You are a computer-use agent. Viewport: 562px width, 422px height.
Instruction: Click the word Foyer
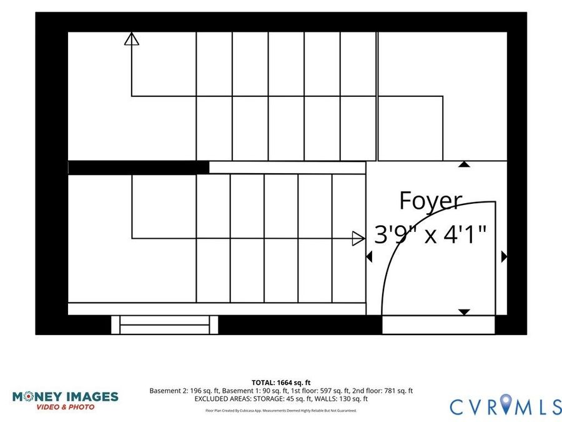(430, 201)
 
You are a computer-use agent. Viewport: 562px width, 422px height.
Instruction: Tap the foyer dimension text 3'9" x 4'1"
(430, 234)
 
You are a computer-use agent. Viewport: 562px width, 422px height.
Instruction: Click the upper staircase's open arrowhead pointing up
(132, 39)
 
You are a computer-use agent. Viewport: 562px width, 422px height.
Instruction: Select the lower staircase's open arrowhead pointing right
(358, 239)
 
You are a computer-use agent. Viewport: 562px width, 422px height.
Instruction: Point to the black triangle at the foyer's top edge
(464, 164)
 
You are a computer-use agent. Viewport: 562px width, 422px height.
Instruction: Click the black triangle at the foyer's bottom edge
(464, 312)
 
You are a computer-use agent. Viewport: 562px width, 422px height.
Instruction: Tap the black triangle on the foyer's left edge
(369, 256)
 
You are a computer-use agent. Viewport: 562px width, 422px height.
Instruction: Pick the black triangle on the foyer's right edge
(505, 256)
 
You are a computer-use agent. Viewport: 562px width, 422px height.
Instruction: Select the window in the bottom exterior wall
(164, 324)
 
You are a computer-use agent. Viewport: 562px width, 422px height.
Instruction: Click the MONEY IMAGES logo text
(65, 396)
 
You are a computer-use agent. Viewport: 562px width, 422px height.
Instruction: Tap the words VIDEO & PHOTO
(65, 407)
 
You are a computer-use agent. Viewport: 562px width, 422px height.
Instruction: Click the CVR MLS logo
(506, 405)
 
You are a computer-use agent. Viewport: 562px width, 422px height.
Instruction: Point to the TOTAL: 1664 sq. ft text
(281, 383)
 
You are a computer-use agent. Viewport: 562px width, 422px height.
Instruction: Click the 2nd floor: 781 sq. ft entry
(382, 391)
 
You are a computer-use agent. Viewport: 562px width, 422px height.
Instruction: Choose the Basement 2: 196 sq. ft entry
(184, 391)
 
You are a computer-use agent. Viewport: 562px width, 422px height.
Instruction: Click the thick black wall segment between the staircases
(139, 168)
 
